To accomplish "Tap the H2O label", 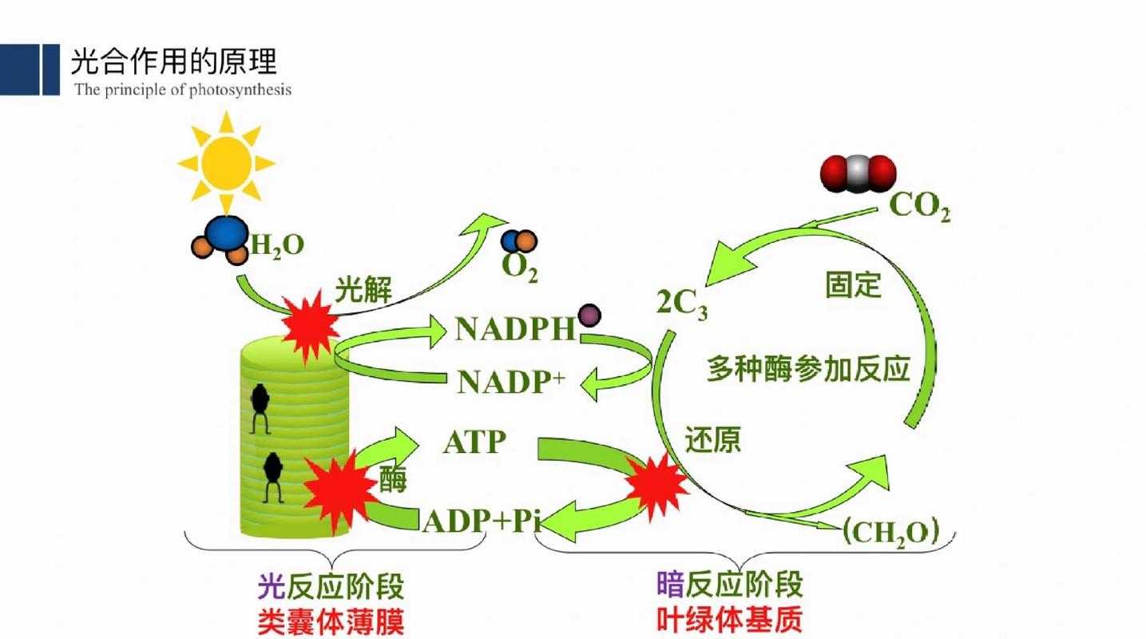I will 277,245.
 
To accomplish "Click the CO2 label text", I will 919,206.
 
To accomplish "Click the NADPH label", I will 515,329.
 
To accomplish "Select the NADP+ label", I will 510,383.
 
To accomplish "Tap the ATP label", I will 474,442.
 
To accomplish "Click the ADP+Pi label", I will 482,522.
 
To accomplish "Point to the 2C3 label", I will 681,304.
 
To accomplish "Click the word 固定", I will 853,285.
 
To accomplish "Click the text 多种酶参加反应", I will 808,370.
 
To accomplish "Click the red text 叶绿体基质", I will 729,621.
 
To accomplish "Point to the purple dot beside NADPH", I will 589,316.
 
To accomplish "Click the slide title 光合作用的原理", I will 173,62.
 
